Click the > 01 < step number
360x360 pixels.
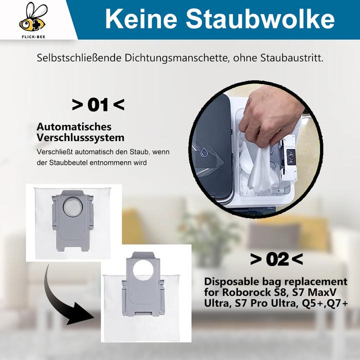tap(98, 105)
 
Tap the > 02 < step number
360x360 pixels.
tap(276, 259)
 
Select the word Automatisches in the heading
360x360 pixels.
tap(74, 127)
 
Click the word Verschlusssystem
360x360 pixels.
tap(80, 137)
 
